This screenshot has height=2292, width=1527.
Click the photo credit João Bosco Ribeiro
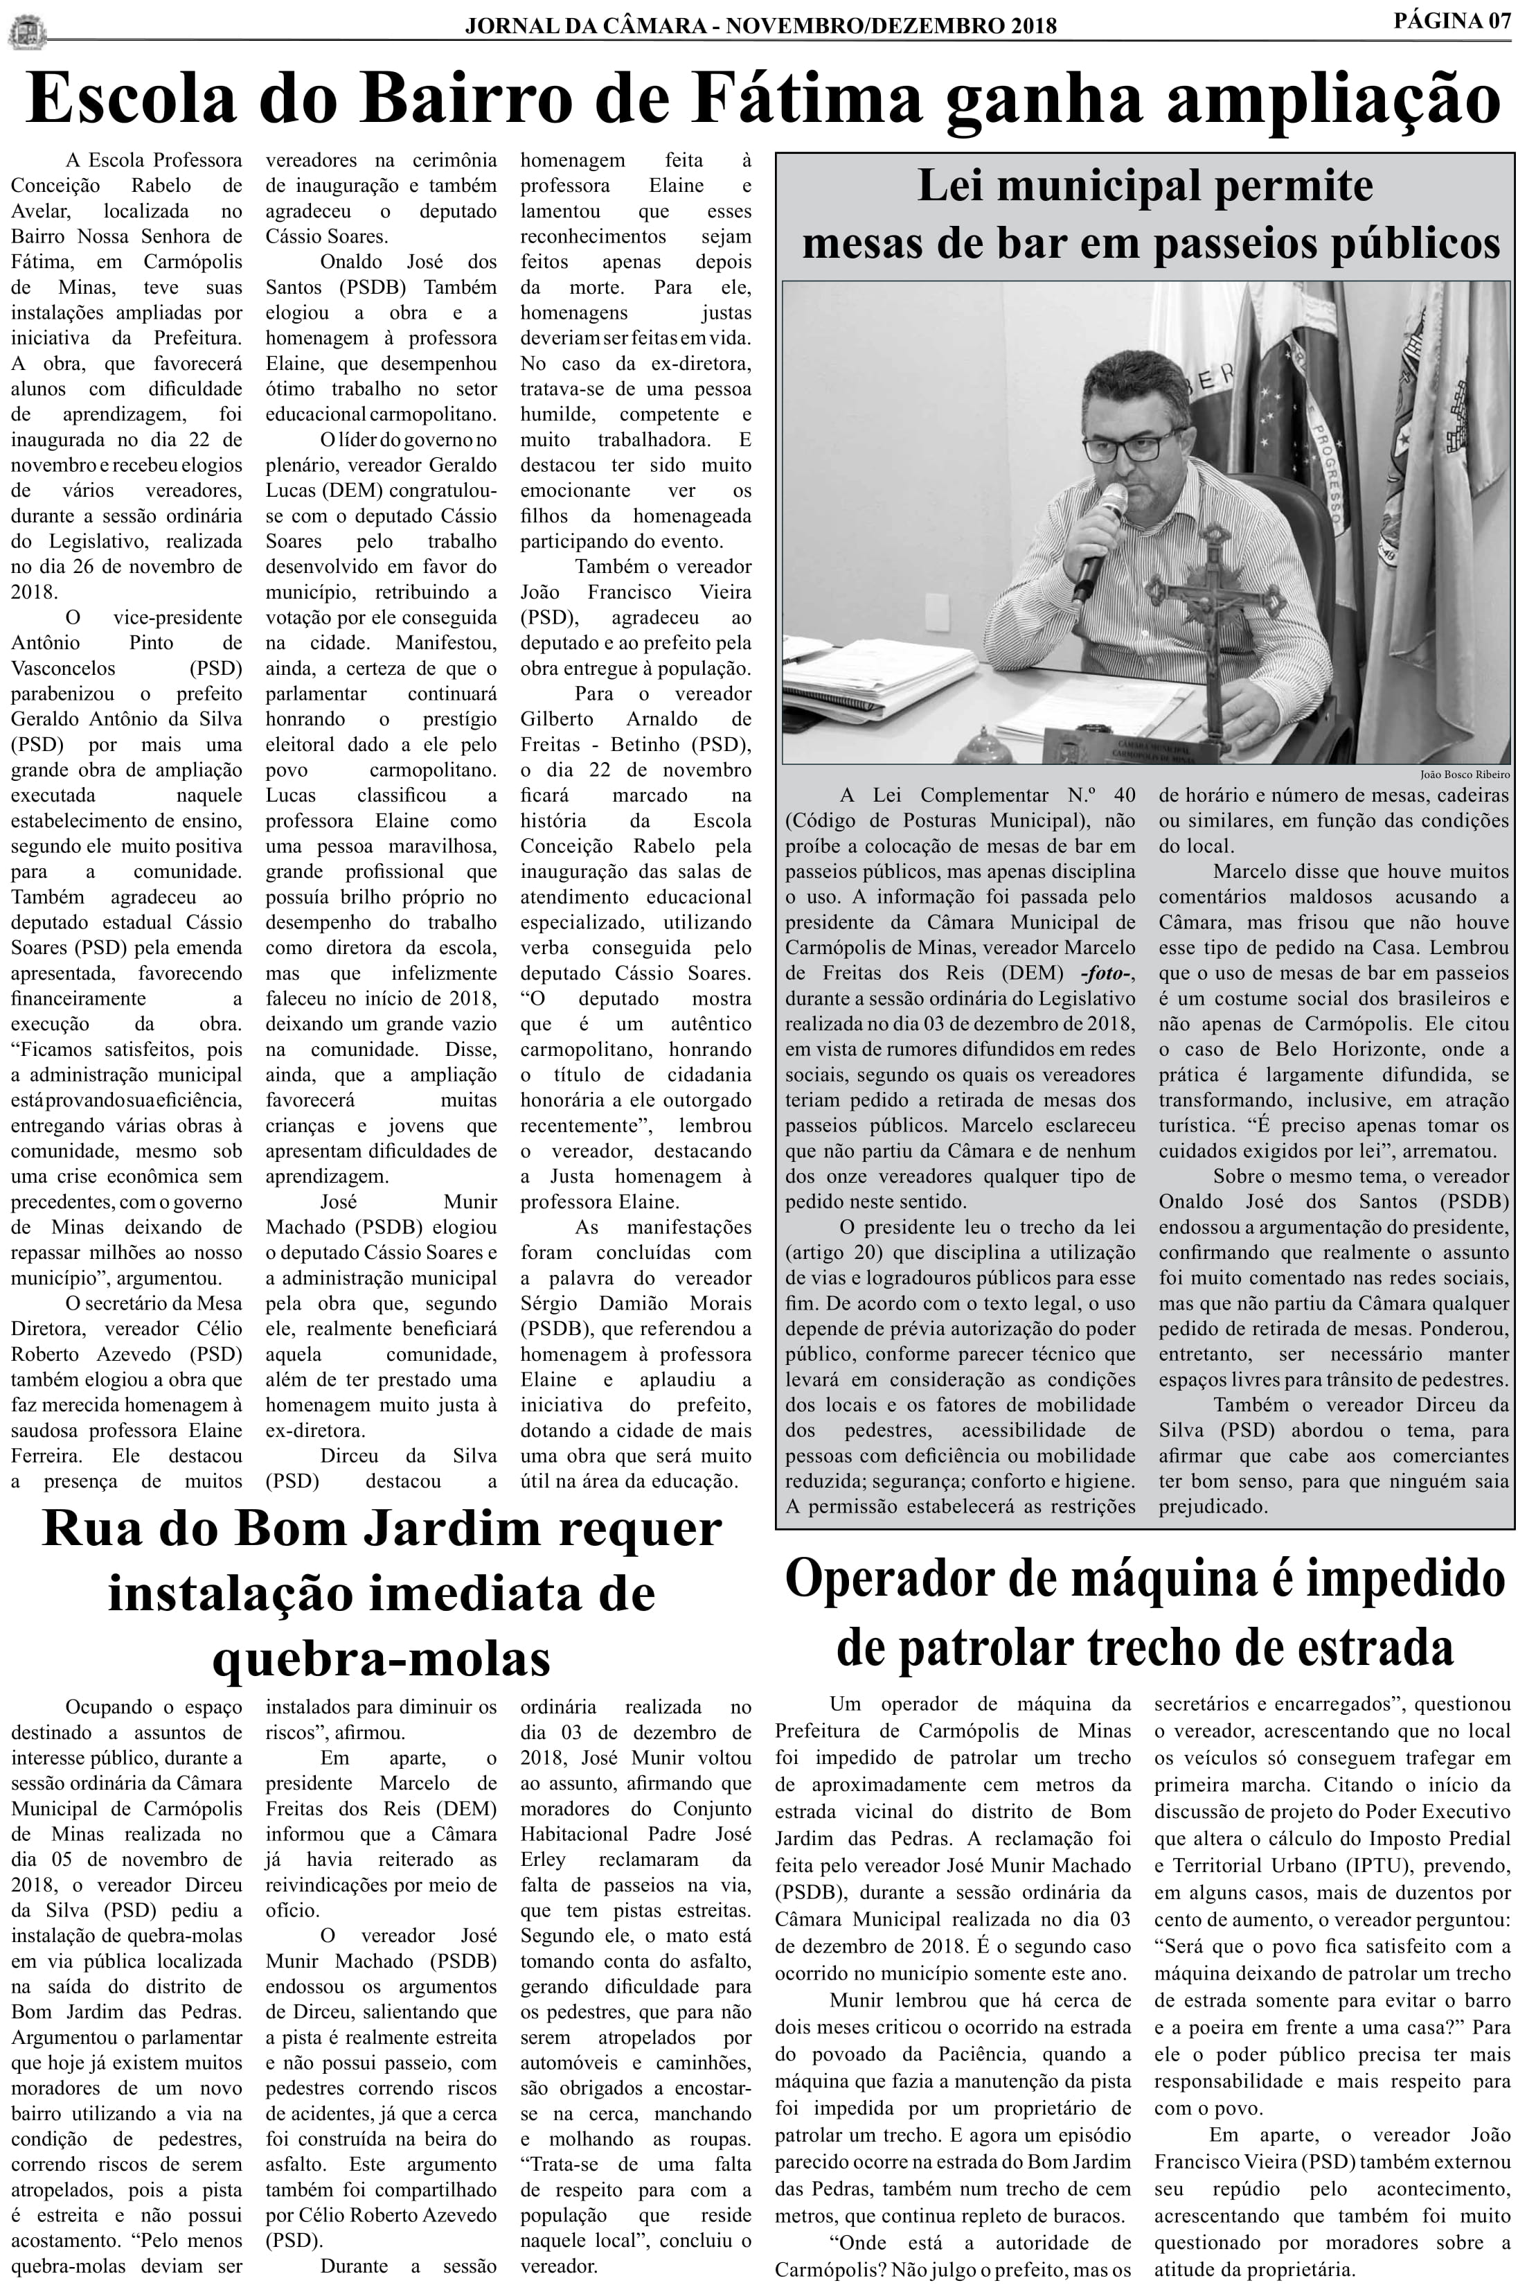tap(1465, 775)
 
